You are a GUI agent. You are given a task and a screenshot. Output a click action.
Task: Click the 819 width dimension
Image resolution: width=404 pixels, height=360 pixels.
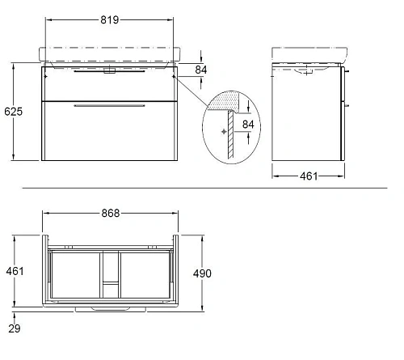pos(110,19)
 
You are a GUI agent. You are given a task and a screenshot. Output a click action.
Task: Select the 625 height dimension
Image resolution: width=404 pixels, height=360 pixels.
pos(14,112)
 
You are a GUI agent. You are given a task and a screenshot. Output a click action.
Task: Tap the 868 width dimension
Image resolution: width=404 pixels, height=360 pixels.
pos(111,213)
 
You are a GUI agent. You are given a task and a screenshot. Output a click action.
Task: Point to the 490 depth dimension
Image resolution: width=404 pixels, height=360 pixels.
pos(202,273)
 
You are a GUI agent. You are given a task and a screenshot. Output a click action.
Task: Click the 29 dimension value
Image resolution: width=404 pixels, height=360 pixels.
pos(15,328)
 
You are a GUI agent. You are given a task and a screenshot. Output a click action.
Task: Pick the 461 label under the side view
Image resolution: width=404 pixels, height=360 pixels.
pos(309,176)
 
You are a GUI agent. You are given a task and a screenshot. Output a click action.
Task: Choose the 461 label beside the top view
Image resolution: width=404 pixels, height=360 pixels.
pos(15,271)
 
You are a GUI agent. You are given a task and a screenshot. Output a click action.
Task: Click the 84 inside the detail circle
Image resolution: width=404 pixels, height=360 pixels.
pos(248,125)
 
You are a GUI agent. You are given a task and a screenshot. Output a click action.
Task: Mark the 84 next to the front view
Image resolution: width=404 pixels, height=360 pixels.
pos(201,70)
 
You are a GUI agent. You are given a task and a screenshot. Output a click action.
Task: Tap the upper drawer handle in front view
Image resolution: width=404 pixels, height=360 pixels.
pos(109,71)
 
